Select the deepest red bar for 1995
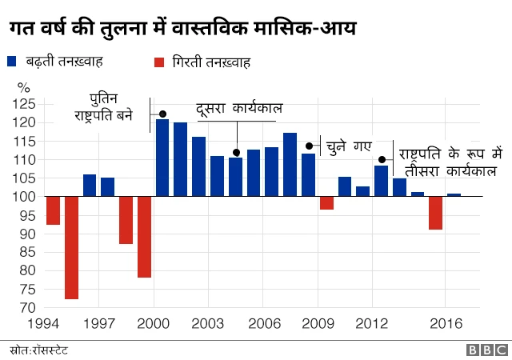72,247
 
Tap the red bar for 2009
326,203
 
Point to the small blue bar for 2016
454,195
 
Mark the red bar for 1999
144,237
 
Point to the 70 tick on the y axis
28,308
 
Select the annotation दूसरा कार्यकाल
239,109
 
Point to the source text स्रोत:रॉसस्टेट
40,350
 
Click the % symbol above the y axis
23,87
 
